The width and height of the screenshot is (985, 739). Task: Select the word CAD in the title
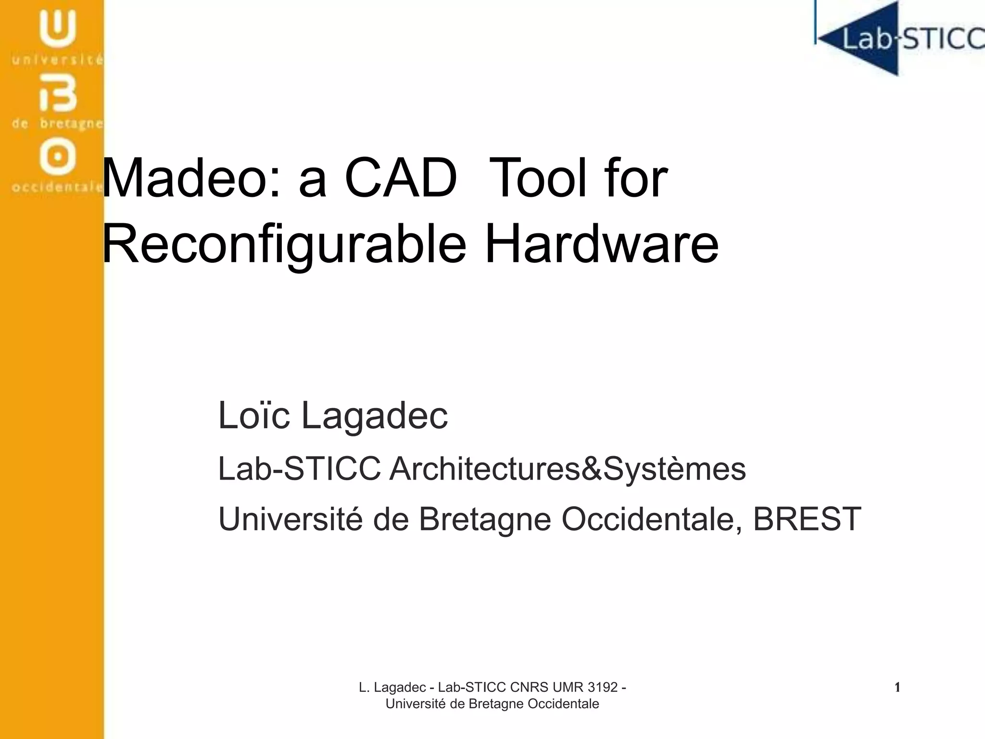(x=400, y=178)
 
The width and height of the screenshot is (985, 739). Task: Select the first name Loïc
(x=253, y=415)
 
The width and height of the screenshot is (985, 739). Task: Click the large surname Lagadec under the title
(x=374, y=416)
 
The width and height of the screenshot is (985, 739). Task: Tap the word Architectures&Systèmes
(x=568, y=469)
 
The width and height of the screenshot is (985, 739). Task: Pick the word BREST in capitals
(x=807, y=519)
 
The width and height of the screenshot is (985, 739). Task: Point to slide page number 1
(x=897, y=688)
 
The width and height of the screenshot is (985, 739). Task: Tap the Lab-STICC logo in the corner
(x=899, y=38)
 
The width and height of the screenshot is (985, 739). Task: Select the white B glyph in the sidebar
(x=58, y=94)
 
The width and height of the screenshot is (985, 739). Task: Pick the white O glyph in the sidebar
(x=58, y=156)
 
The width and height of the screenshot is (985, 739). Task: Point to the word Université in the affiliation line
(x=290, y=519)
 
